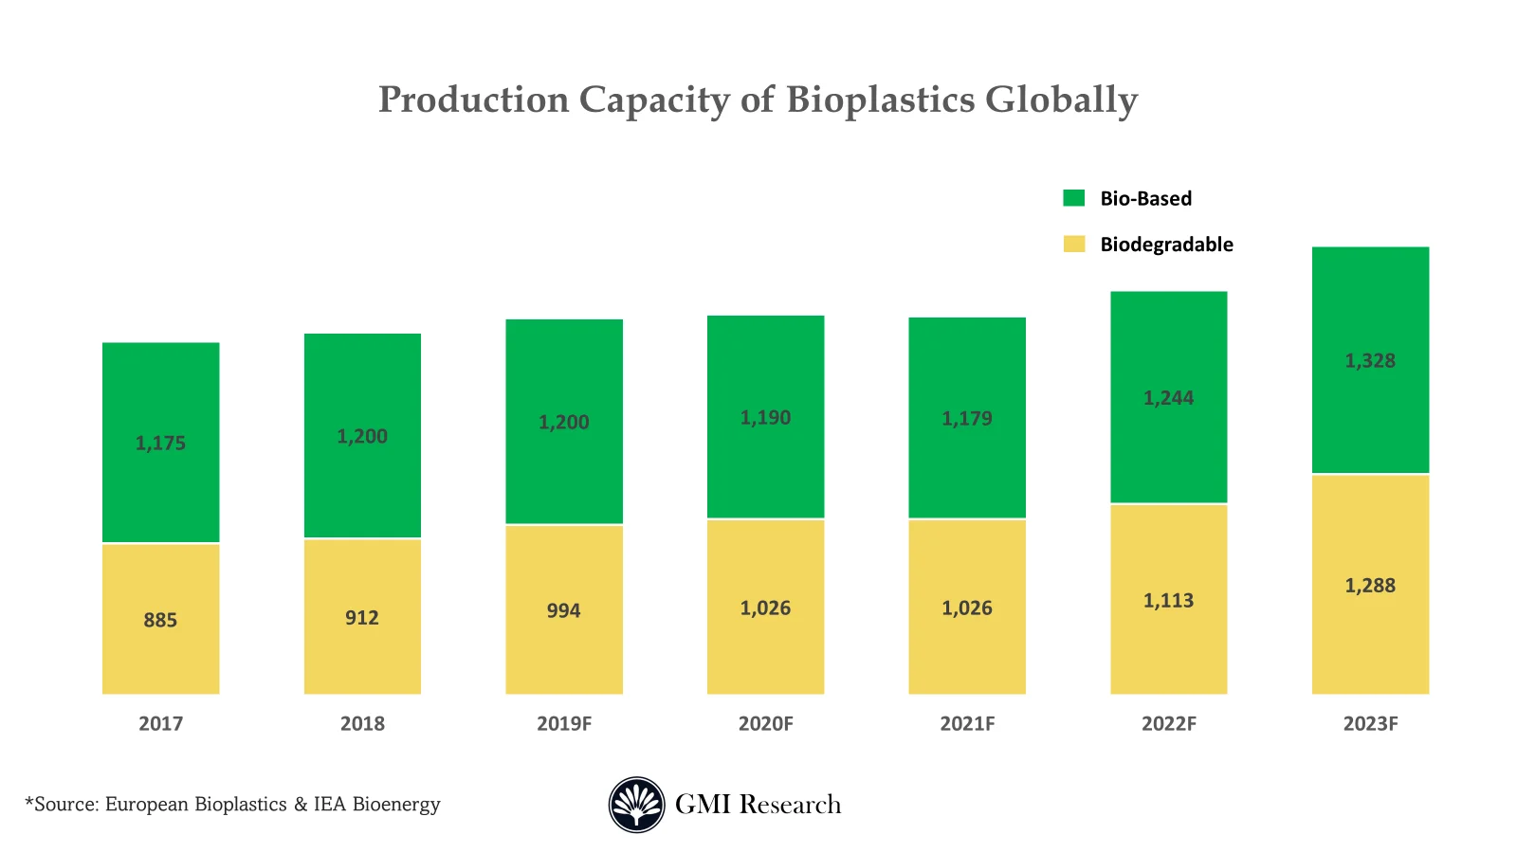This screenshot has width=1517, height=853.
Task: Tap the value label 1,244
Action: coord(1168,398)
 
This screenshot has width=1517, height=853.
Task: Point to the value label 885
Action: coord(160,620)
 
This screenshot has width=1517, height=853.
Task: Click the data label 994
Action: coord(563,610)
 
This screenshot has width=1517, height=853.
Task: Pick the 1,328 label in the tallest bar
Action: coord(1370,360)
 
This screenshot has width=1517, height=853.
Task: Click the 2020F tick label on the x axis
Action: coord(765,723)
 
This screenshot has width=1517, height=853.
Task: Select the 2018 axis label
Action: coord(362,723)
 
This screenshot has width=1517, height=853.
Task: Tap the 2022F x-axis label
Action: coord(1168,723)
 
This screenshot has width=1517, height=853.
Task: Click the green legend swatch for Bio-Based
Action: coord(1073,198)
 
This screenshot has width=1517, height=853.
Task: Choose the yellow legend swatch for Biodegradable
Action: coord(1073,244)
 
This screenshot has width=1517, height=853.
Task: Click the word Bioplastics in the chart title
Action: coord(880,100)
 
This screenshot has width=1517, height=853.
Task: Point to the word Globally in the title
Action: coord(1061,100)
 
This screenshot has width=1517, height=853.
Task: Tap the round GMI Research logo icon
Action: coord(636,805)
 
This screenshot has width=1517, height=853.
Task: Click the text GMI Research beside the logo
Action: coord(758,805)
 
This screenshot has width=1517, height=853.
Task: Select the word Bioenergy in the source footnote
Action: coord(396,805)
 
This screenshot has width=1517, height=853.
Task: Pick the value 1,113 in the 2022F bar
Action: coord(1168,600)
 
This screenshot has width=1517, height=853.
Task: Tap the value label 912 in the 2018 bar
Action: coord(362,618)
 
